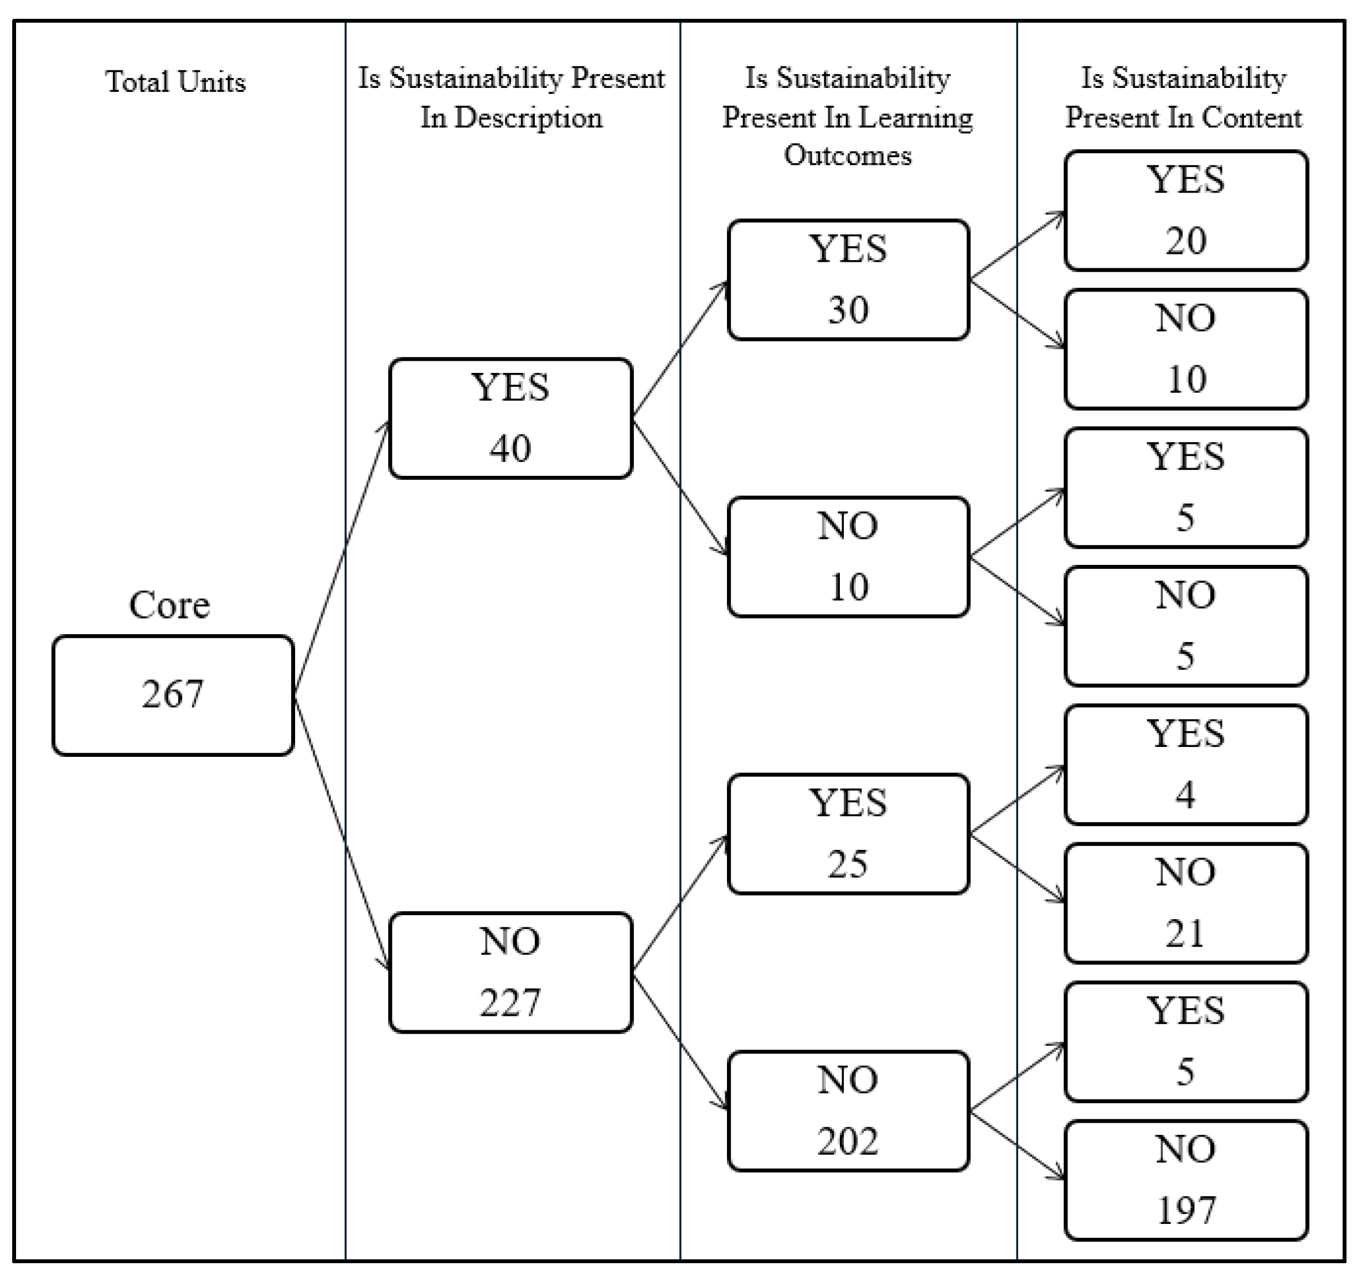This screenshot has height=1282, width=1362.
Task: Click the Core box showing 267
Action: tap(173, 695)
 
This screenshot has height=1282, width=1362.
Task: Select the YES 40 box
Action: tap(510, 418)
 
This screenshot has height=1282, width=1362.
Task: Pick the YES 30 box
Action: tap(848, 279)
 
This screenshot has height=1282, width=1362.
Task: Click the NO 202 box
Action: tap(848, 1111)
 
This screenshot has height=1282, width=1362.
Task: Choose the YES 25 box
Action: tap(848, 833)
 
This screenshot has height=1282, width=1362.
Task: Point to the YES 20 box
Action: tap(1185, 210)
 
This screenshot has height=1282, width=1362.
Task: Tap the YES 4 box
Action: tap(1185, 764)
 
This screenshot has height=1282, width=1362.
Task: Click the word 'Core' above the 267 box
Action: tap(169, 605)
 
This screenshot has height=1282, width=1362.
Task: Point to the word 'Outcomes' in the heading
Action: tap(848, 155)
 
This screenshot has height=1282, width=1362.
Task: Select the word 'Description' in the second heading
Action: tap(528, 118)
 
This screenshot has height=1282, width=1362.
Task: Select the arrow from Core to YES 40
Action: tap(341, 559)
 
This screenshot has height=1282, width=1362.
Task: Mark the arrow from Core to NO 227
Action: tap(341, 832)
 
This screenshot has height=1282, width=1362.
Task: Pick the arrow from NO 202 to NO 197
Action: tap(1018, 1145)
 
